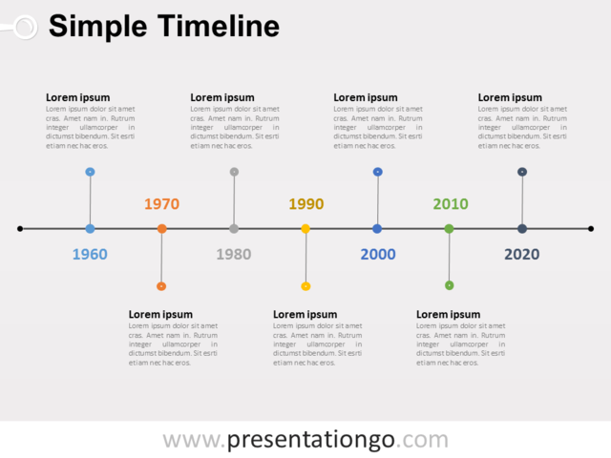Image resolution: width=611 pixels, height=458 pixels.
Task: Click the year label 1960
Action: coord(90,255)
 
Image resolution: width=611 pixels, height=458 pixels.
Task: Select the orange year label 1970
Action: coord(161,203)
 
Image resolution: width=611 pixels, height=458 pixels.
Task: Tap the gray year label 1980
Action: coord(234,255)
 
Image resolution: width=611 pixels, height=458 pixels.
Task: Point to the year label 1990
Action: coord(305,203)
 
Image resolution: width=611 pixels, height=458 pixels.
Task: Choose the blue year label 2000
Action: coord(377,255)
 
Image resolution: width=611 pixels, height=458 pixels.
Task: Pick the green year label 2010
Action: coord(450,203)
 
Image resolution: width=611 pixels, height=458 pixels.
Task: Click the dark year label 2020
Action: coord(521,255)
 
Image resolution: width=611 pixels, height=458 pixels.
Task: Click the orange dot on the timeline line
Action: coord(161,229)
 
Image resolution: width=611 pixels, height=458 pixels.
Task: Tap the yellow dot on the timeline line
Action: coord(305,229)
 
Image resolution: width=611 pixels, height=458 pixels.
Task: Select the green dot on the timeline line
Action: coord(450,229)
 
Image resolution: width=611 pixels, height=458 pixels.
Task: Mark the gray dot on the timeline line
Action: coord(234,229)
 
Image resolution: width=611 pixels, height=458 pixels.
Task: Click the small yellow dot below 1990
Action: coord(305,286)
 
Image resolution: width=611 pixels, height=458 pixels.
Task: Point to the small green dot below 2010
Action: coord(450,285)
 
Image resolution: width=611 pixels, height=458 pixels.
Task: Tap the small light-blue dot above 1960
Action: coord(90,172)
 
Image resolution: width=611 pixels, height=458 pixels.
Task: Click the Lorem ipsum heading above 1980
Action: coord(222,97)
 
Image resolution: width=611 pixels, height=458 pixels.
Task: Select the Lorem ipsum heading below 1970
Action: coord(160,314)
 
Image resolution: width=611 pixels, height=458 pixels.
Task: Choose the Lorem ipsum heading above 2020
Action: coord(510,97)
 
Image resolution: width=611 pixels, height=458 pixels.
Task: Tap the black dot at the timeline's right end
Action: coord(591,229)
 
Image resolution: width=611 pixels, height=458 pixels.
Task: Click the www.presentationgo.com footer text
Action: coord(305,440)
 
